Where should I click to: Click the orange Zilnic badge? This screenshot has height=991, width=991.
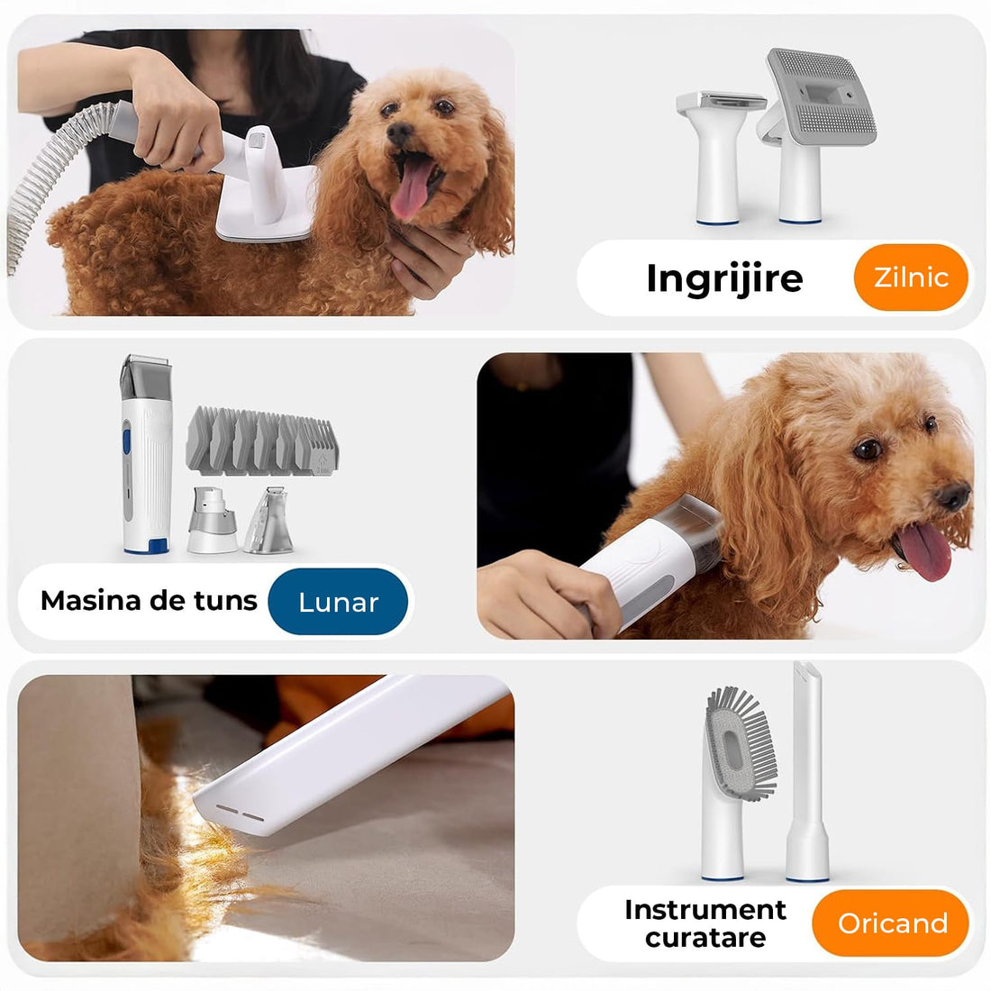point(911,277)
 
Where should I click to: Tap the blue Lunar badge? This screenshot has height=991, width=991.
point(338,601)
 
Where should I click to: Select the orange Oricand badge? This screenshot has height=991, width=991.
point(892,923)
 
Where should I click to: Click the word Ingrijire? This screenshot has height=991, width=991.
point(724,278)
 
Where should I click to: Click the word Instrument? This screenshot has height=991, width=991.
point(705,910)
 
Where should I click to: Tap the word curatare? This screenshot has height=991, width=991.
point(705,938)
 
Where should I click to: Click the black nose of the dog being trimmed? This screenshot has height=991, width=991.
point(953,495)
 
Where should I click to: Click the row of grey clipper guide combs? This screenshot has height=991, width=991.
point(261,441)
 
